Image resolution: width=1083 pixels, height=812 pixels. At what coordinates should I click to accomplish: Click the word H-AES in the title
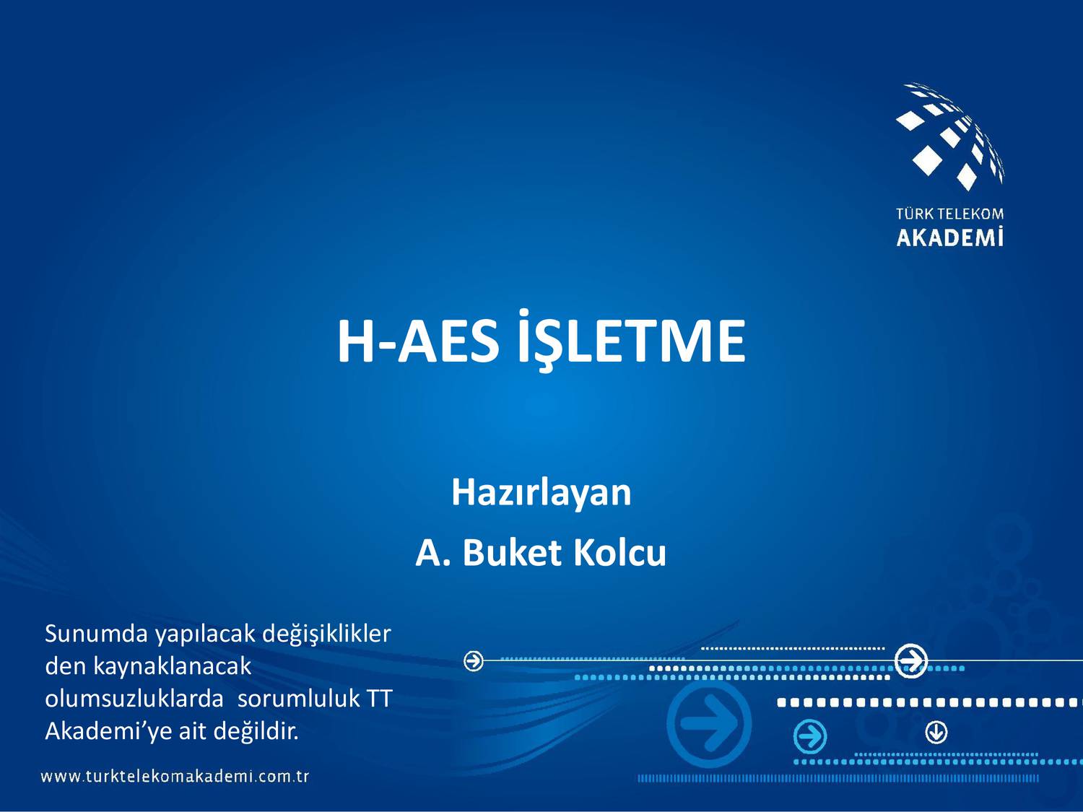coord(417,341)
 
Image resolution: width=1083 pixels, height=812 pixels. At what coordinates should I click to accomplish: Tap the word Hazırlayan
coord(541,492)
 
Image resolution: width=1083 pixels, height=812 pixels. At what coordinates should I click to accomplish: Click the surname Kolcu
coord(619,553)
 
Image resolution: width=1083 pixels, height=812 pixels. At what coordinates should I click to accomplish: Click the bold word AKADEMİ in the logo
coord(949,237)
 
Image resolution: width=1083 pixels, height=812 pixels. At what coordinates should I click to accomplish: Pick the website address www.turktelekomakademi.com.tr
coord(175,777)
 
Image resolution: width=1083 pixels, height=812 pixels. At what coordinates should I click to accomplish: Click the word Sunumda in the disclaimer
coord(96,633)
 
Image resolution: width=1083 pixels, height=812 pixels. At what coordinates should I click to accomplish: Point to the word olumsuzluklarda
coord(134,699)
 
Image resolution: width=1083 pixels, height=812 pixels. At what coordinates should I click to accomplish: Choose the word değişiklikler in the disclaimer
coord(326,633)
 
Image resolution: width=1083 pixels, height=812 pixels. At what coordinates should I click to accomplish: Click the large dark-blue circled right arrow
coord(709,724)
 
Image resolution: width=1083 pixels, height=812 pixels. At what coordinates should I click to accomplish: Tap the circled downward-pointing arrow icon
coord(936,733)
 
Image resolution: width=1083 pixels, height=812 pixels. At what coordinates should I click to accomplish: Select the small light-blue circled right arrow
coord(809,737)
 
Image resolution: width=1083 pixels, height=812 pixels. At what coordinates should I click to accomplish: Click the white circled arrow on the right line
coord(911,660)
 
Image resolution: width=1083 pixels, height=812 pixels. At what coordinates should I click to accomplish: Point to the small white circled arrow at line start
coord(474,660)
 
